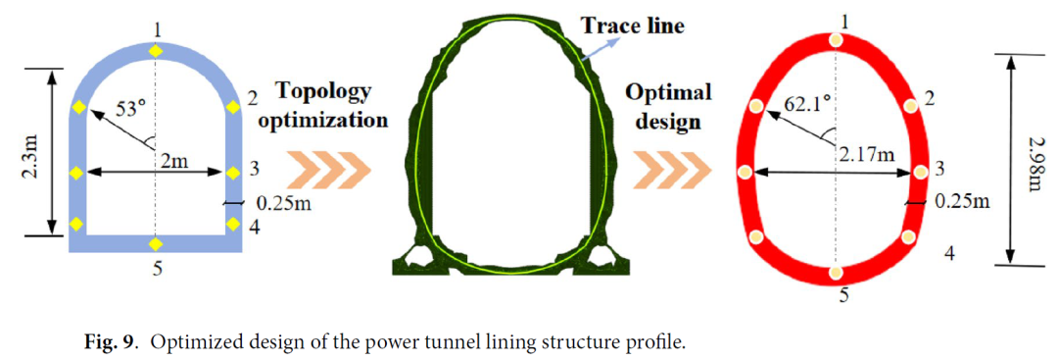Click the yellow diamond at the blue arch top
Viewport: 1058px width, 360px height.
tap(156, 51)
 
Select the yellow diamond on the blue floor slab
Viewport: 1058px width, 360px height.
tap(156, 244)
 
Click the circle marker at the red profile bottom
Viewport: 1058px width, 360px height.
tap(837, 273)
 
